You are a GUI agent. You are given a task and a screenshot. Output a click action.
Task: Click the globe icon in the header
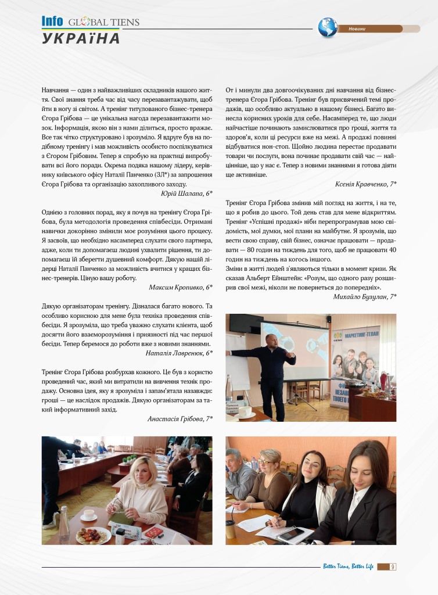point(328,27)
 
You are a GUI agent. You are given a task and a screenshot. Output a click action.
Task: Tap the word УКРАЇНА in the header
point(81,39)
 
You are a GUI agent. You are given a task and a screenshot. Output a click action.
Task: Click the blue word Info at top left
point(52,21)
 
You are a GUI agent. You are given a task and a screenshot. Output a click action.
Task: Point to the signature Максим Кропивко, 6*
point(181,287)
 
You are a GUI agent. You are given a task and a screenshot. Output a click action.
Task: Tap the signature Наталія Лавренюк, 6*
point(179,352)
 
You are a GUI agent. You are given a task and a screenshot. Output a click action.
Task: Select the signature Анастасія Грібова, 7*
point(180,418)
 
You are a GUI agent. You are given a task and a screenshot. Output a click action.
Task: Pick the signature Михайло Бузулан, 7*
point(365,297)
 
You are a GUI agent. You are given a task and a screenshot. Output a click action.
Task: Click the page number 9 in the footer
point(393,567)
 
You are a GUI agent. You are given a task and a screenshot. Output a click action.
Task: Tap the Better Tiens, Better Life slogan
point(348,567)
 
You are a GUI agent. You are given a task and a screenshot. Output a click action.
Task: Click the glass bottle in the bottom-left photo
point(63,521)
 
